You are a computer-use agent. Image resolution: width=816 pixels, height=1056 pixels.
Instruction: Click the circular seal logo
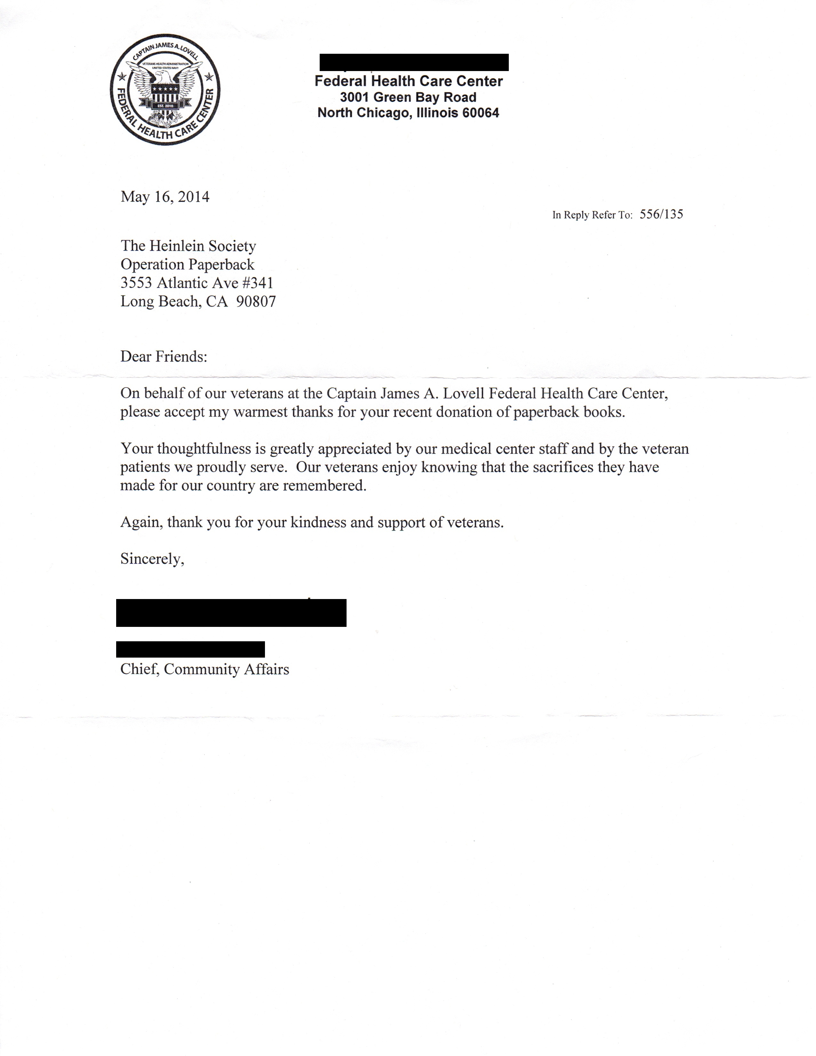165,90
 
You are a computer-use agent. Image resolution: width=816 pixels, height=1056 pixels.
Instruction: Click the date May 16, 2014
165,197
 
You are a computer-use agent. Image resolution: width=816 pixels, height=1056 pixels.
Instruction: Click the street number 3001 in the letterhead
355,97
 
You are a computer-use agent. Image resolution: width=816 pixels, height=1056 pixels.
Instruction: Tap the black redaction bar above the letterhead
414,62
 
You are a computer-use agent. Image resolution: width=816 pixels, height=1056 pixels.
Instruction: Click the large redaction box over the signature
231,612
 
